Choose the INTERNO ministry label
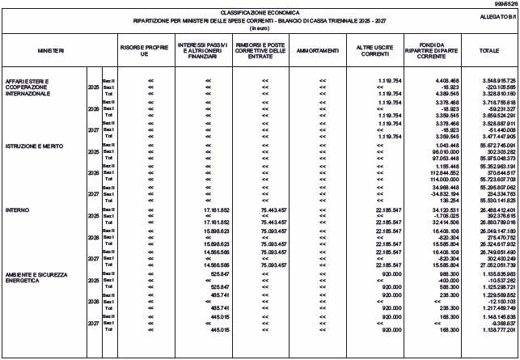[x=16, y=210]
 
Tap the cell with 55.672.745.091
[x=492, y=123]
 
